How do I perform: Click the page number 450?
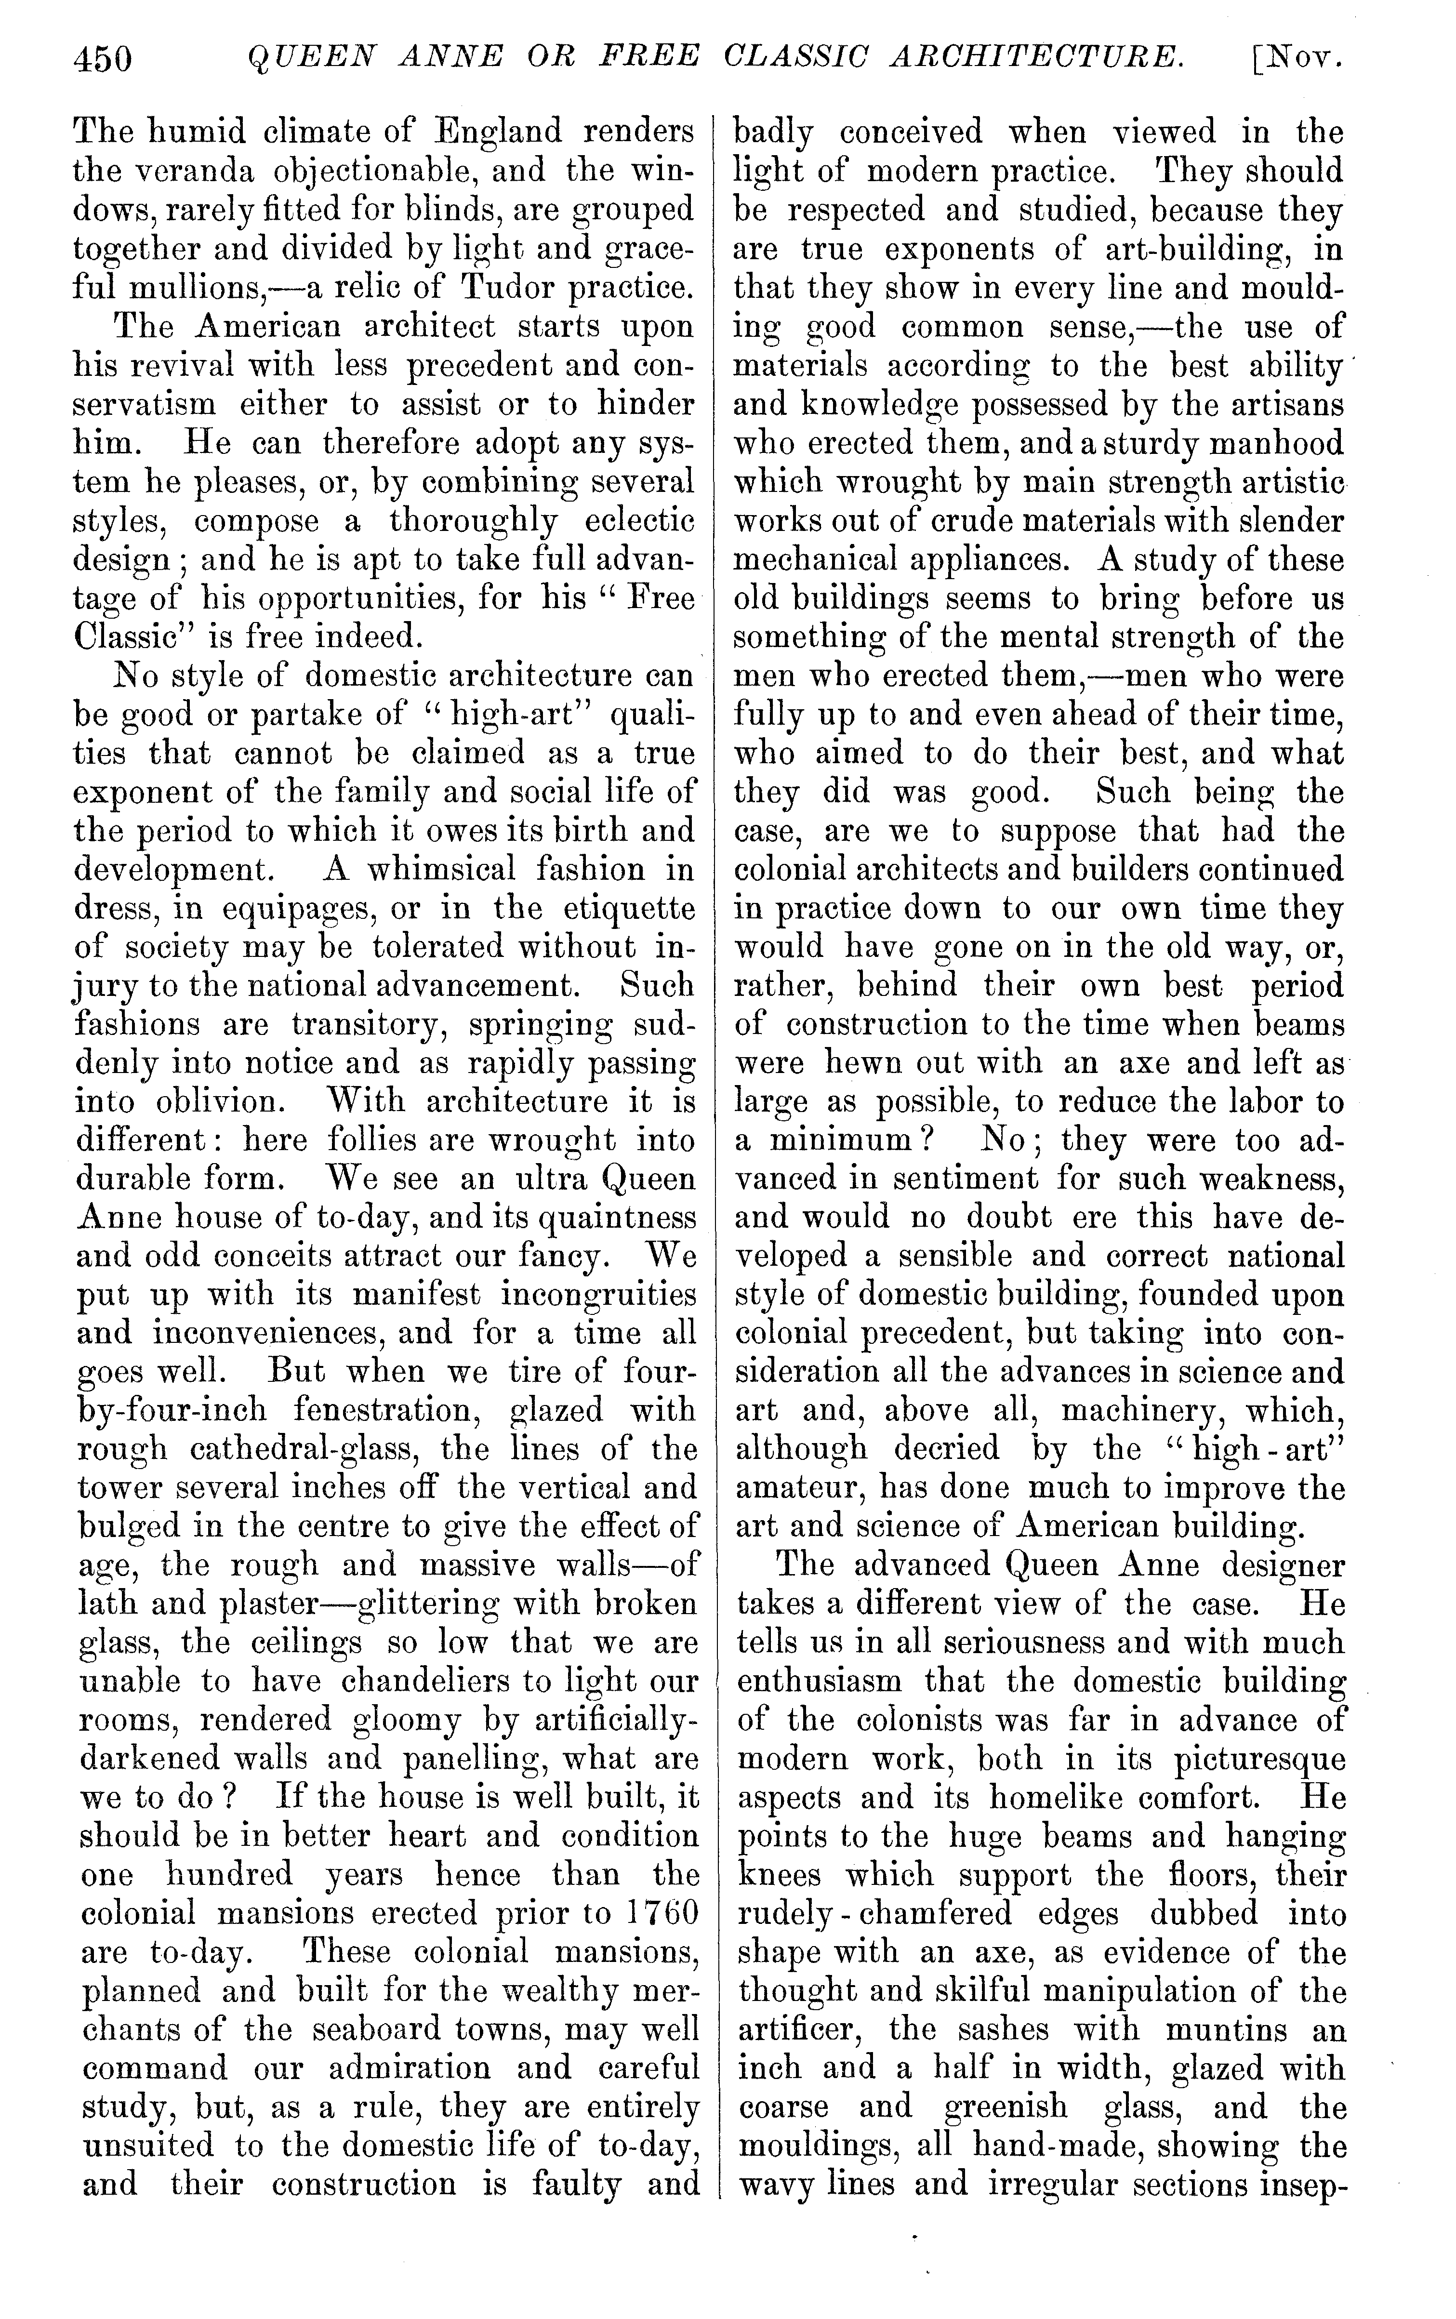point(102,60)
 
